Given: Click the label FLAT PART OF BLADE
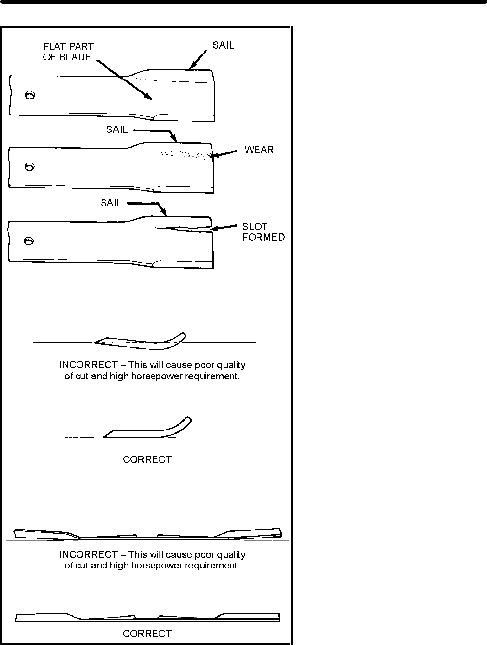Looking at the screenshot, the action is (x=68, y=52).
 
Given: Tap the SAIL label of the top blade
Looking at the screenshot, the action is (x=223, y=45).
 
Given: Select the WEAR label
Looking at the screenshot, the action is (x=259, y=150).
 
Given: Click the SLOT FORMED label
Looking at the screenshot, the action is (x=263, y=232).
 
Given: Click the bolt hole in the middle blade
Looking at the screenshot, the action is (x=29, y=167).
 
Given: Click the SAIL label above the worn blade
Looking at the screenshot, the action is (x=117, y=130).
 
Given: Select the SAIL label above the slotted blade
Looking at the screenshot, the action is (x=111, y=203).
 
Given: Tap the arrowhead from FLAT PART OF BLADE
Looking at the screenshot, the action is (x=152, y=99).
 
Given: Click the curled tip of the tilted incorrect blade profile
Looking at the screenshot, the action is (x=183, y=336).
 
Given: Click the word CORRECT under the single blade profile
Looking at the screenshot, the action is (x=147, y=460).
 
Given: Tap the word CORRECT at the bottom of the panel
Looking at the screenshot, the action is (x=147, y=634).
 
